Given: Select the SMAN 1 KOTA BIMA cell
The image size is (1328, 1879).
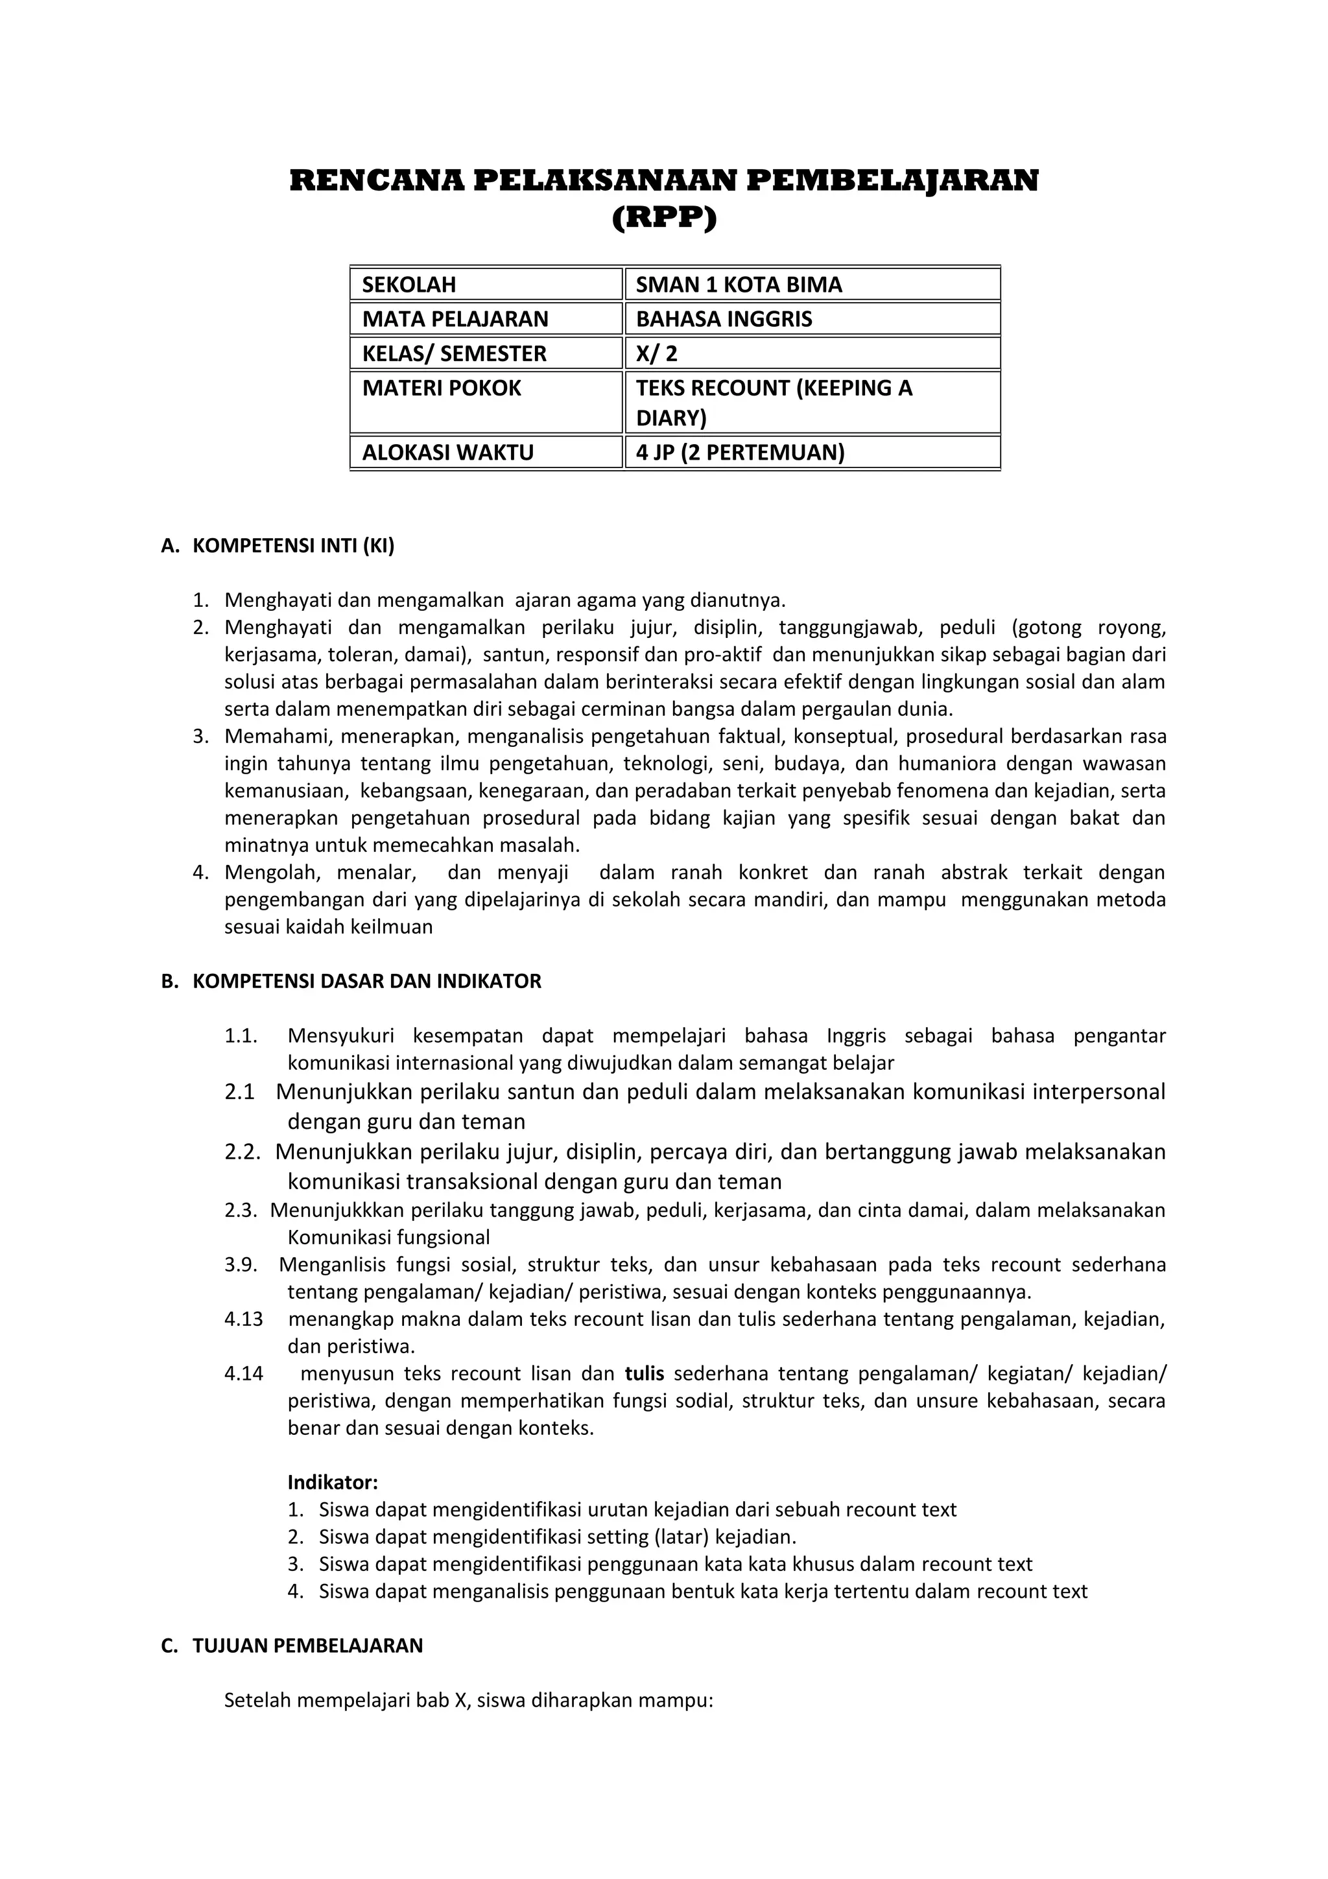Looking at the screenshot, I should point(738,285).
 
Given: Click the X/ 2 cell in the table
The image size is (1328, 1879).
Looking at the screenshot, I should point(656,353).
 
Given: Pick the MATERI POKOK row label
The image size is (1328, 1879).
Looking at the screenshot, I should point(441,388).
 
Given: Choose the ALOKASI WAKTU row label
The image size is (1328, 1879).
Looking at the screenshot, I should point(447,453).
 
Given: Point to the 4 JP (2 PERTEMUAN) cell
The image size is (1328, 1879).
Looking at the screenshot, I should point(740,453).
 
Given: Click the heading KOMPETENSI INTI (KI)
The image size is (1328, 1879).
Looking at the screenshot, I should point(293,547).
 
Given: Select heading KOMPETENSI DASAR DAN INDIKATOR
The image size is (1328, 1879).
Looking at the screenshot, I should point(366,981).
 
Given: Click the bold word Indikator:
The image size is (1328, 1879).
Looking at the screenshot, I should point(332,1482).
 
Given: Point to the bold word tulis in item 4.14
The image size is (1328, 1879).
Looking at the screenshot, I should point(644,1373).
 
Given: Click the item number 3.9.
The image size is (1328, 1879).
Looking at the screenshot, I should point(241,1265).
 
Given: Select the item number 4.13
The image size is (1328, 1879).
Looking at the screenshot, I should point(244,1319).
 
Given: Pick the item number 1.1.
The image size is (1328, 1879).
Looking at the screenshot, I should point(241,1036).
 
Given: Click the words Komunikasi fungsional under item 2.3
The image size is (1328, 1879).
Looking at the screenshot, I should point(388,1237).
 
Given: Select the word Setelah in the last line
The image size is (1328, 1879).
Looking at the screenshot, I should point(257,1701).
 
